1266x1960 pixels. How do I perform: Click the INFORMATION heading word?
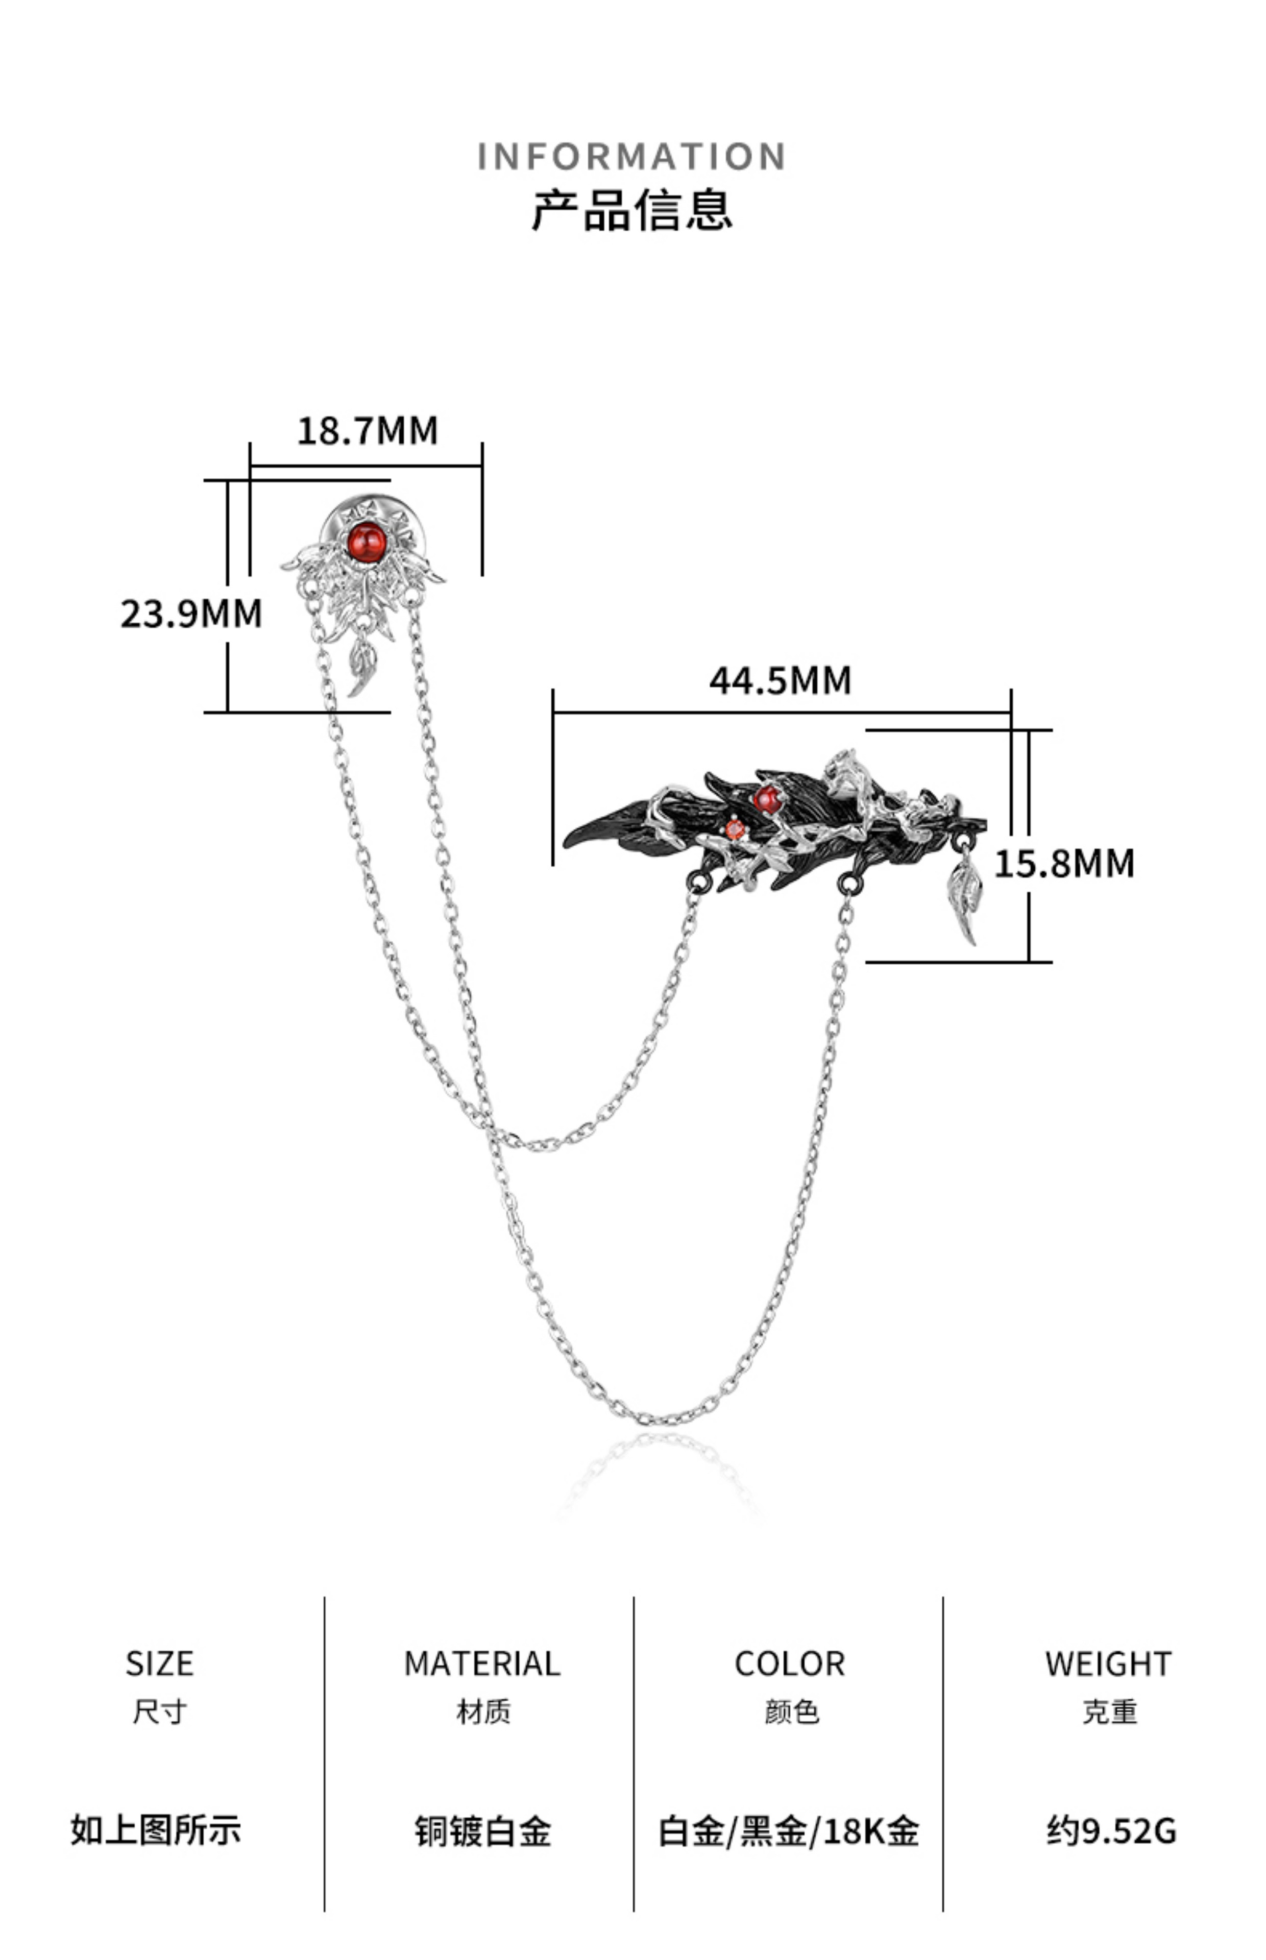631,156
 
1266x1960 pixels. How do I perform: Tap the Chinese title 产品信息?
631,210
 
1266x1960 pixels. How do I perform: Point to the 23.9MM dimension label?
191,613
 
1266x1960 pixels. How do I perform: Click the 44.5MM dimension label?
780,680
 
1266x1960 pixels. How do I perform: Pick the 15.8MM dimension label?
1064,863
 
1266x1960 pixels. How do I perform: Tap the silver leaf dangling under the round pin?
362,667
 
